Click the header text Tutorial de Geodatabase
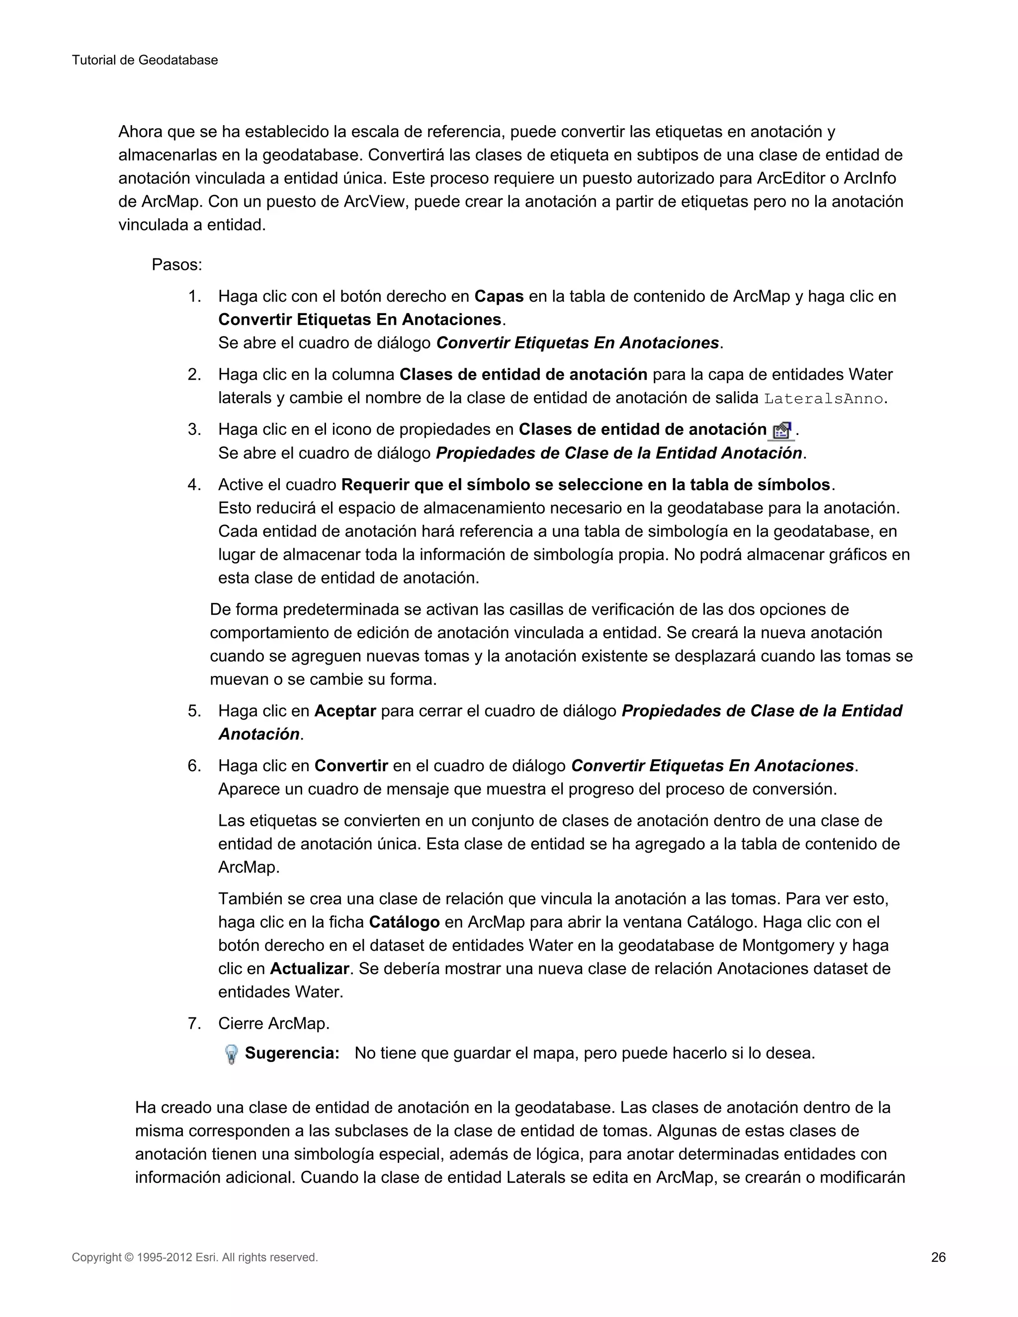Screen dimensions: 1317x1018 [145, 60]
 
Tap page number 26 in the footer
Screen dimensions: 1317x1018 [938, 1257]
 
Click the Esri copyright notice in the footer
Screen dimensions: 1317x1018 [194, 1257]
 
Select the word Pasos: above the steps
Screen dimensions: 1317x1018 [176, 265]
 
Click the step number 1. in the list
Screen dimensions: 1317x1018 [194, 297]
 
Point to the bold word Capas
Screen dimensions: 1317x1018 [499, 297]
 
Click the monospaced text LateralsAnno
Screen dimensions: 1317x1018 [823, 399]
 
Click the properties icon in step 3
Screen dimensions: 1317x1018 [781, 430]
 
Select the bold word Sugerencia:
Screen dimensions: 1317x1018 [292, 1054]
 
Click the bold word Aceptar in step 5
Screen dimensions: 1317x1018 [345, 711]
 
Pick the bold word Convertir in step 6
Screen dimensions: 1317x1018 [351, 766]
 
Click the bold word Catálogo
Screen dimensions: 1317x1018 [404, 922]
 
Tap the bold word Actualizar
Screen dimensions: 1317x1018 [309, 969]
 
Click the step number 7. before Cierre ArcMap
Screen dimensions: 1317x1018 [194, 1023]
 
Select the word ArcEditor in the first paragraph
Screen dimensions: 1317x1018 [792, 178]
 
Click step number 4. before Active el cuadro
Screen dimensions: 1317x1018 [194, 485]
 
